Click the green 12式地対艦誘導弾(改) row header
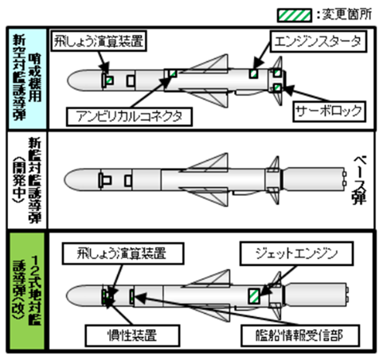coord(26,295)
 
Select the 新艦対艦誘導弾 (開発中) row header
coord(26,176)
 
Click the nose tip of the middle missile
coord(66,177)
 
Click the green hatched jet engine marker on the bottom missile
coord(252,295)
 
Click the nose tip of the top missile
coord(66,80)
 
